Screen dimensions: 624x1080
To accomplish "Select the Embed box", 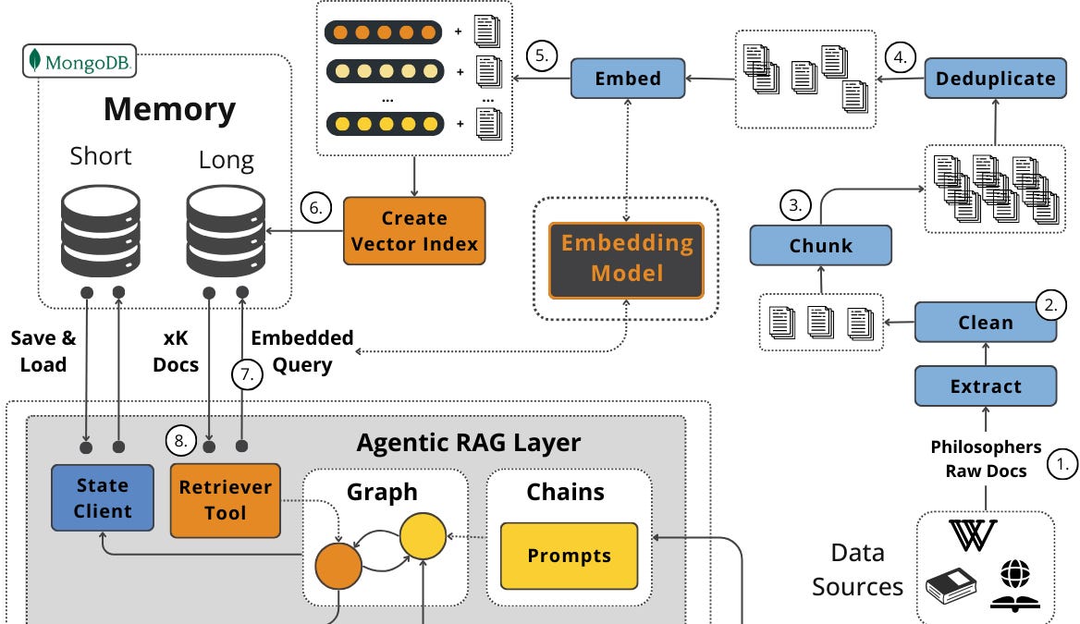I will (x=628, y=78).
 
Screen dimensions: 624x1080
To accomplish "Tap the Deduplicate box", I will (x=995, y=78).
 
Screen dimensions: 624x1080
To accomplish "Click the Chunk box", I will (x=820, y=247).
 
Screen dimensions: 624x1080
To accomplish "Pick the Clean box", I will (x=985, y=323).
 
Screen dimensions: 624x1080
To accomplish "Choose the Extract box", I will (x=985, y=386).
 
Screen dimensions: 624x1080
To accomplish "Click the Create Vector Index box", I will (x=413, y=231).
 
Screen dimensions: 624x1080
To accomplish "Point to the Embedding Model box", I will (x=627, y=259).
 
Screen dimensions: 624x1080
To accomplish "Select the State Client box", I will (x=103, y=497).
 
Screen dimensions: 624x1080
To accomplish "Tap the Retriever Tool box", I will (x=225, y=499).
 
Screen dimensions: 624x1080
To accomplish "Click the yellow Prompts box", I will (x=569, y=556).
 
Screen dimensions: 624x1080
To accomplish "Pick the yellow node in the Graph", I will (x=422, y=536).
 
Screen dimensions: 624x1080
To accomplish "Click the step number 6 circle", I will (x=316, y=208).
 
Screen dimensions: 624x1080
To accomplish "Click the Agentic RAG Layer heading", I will (x=468, y=443).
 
